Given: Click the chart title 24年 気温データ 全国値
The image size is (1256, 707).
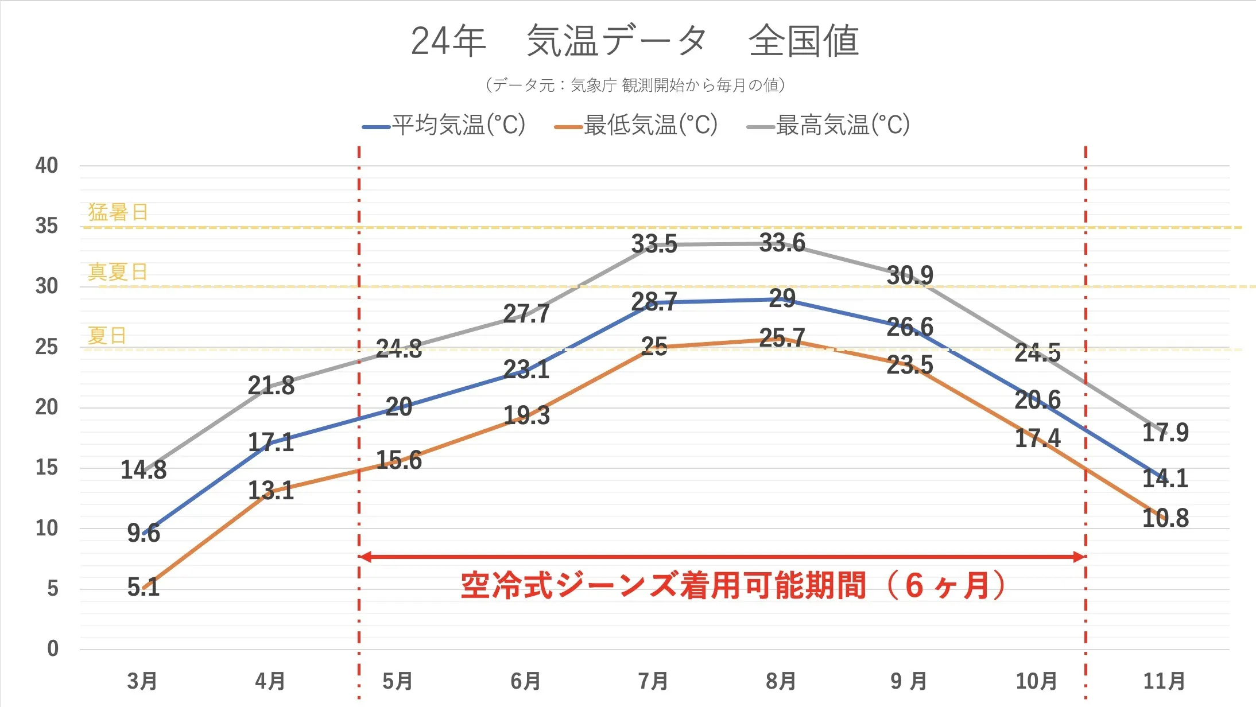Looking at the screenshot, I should [634, 41].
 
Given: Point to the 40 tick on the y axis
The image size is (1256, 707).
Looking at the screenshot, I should [46, 165].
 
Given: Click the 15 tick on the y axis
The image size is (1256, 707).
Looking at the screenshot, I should [46, 467].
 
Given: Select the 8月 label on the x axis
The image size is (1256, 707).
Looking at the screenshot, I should [781, 681].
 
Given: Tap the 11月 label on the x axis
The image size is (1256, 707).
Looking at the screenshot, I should [1164, 681].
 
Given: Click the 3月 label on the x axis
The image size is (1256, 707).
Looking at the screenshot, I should [142, 681].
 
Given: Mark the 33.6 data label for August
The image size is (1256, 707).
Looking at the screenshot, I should [782, 243].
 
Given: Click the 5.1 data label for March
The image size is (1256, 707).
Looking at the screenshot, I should [144, 586].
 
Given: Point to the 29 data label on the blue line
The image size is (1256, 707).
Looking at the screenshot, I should [782, 298].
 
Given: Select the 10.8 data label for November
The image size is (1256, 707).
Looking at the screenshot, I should [1165, 518].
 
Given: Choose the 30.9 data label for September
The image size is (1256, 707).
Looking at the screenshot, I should [910, 275].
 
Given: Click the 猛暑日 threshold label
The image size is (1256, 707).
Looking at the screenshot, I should [118, 212].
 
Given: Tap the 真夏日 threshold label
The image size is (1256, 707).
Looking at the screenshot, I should [118, 271].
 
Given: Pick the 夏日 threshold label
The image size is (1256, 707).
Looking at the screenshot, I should [107, 335].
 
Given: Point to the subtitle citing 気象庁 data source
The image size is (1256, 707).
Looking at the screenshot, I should [634, 86].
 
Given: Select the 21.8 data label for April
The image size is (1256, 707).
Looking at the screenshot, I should [271, 385].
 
